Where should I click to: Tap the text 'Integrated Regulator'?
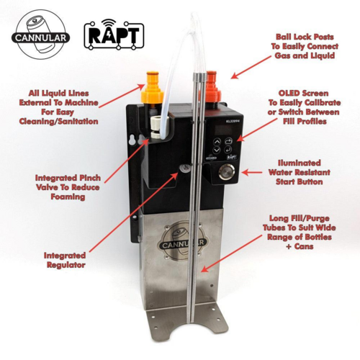pyautogui.click(x=65, y=260)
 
